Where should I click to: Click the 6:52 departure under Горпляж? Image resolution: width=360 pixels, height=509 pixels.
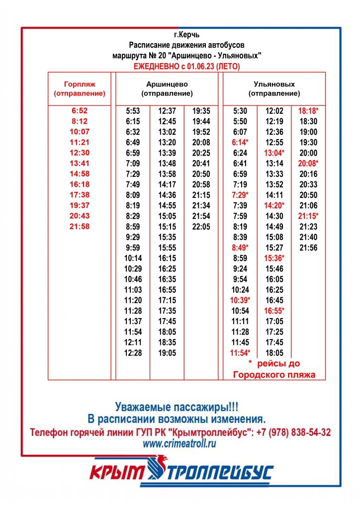click(x=80, y=111)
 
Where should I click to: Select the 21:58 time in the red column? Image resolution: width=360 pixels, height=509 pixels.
click(x=80, y=227)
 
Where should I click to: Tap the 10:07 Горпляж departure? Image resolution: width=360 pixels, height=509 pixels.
click(x=80, y=132)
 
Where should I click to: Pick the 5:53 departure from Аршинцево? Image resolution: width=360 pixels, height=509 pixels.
click(x=133, y=111)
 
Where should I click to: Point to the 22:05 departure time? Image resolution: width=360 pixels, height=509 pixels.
click(x=201, y=227)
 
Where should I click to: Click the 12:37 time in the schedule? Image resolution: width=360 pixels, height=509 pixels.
click(x=167, y=111)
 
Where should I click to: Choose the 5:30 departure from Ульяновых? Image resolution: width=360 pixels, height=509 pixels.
click(x=240, y=111)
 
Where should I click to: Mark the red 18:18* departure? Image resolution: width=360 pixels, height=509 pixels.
click(x=308, y=111)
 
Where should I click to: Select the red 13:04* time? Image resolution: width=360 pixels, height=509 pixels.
click(x=274, y=153)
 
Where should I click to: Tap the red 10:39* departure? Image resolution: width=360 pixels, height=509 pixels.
click(x=240, y=300)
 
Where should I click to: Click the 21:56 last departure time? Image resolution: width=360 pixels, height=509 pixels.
click(x=308, y=248)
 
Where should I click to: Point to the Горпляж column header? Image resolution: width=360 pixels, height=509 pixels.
click(x=80, y=88)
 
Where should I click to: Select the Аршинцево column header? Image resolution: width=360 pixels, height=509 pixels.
click(x=167, y=88)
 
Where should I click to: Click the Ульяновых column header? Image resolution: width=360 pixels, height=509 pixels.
click(x=274, y=88)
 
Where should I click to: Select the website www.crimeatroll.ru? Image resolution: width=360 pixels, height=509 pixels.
click(x=180, y=444)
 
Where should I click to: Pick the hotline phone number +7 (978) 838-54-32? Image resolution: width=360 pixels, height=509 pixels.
click(x=294, y=432)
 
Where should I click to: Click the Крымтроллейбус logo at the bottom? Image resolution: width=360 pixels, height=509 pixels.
click(x=181, y=473)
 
